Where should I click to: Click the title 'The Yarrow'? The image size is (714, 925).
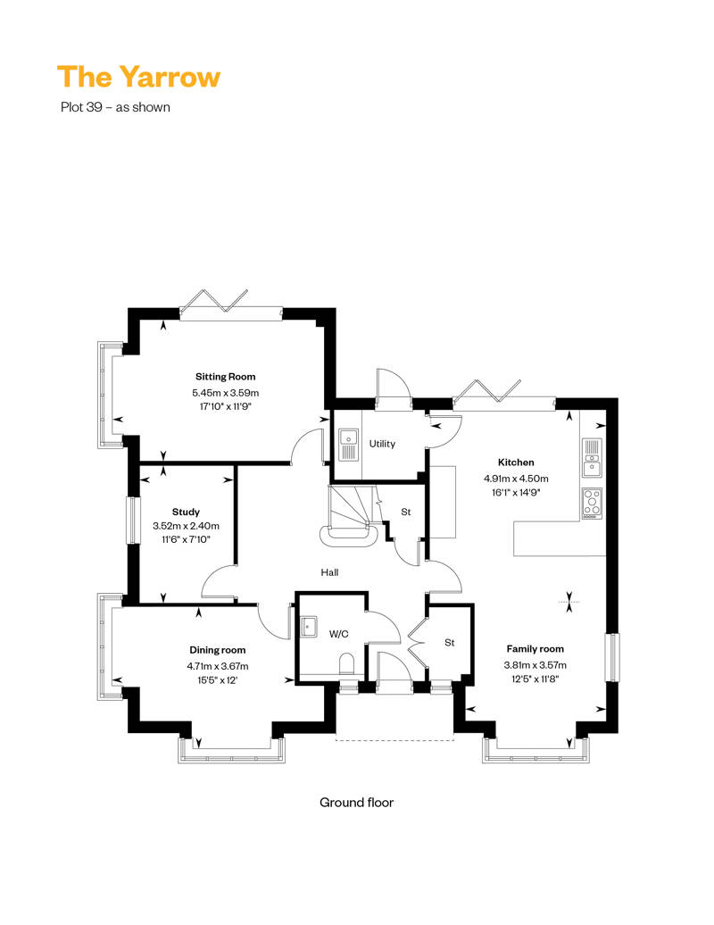pyautogui.click(x=138, y=77)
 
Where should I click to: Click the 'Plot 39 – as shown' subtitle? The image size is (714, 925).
pyautogui.click(x=115, y=107)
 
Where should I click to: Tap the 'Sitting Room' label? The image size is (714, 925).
pyautogui.click(x=226, y=377)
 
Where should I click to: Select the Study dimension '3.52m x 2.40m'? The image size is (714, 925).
pyautogui.click(x=186, y=526)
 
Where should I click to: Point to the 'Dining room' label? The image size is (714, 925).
pyautogui.click(x=218, y=650)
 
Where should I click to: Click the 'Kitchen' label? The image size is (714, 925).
pyautogui.click(x=516, y=462)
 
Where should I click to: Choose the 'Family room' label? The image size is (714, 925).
pyautogui.click(x=535, y=649)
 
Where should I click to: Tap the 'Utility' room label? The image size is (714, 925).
pyautogui.click(x=382, y=444)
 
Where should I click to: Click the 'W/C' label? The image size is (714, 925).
pyautogui.click(x=338, y=634)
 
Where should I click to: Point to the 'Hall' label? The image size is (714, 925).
pyautogui.click(x=329, y=572)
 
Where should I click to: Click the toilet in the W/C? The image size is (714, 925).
pyautogui.click(x=346, y=663)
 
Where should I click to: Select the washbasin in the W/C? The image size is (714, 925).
pyautogui.click(x=309, y=627)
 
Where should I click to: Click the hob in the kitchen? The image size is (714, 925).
pyautogui.click(x=592, y=504)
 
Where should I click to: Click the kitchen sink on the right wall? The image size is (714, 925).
pyautogui.click(x=592, y=458)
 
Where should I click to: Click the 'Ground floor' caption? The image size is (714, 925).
pyautogui.click(x=357, y=803)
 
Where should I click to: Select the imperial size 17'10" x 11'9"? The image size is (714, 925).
pyautogui.click(x=226, y=406)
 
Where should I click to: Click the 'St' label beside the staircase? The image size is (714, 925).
pyautogui.click(x=406, y=512)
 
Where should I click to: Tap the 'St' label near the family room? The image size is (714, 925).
pyautogui.click(x=449, y=643)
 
